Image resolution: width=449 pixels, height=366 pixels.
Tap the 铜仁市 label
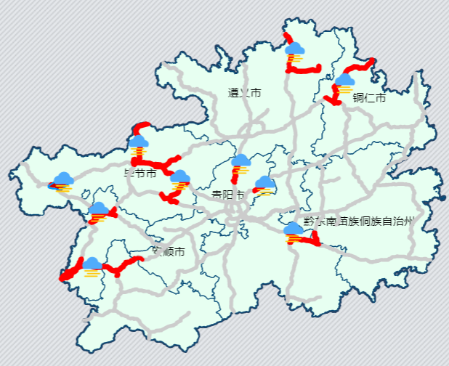(x=369, y=98)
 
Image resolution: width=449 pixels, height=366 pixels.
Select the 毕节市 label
(x=139, y=174)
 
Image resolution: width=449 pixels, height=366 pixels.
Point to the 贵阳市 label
(x=227, y=195)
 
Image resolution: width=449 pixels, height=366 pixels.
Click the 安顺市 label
(x=168, y=252)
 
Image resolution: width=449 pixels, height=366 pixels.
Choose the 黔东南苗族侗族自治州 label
(x=357, y=221)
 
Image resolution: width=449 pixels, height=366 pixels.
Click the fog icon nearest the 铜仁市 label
(x=344, y=81)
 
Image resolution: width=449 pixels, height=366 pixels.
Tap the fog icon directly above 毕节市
(x=138, y=144)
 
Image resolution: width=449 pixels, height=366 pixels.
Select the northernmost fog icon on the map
(x=294, y=52)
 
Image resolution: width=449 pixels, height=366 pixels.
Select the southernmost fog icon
(x=92, y=267)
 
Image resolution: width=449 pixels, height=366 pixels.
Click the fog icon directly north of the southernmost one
(x=99, y=211)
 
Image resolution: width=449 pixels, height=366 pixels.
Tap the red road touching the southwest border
(x=70, y=272)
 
